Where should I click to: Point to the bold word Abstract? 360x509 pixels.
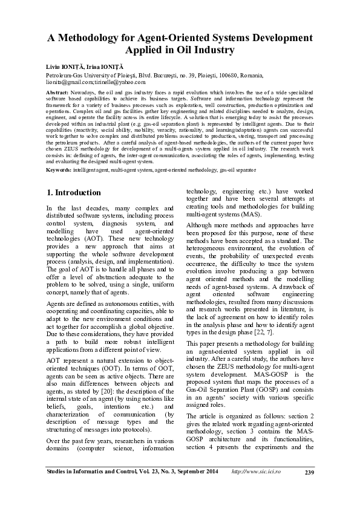click(x=57, y=92)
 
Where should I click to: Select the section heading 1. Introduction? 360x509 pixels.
click(x=73, y=193)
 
